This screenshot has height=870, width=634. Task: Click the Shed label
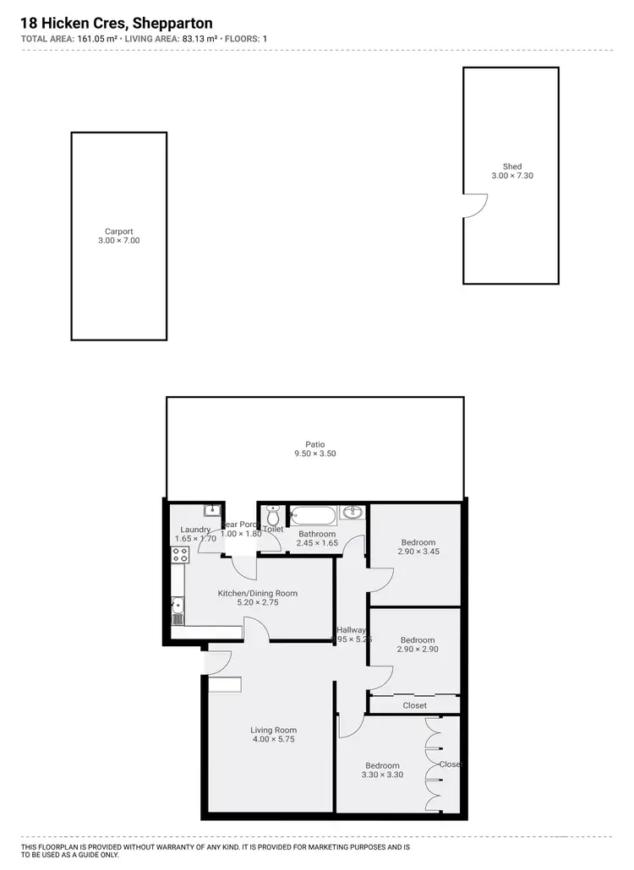[x=512, y=166]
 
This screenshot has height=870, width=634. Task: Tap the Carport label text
[x=119, y=231]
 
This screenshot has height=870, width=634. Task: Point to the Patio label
[x=315, y=444]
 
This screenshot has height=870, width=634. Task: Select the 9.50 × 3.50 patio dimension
[x=315, y=454]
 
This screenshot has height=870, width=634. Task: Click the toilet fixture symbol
[x=273, y=514]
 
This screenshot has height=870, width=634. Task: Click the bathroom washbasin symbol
[x=353, y=512]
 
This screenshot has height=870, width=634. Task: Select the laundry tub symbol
[x=212, y=510]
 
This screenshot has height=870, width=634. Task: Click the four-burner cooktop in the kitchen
[x=180, y=555]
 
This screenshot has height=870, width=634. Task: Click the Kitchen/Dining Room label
[x=258, y=593]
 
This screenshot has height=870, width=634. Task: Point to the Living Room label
[x=273, y=730]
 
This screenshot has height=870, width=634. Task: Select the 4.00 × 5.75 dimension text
[x=273, y=740]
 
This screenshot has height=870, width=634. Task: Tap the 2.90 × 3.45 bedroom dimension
[x=418, y=552]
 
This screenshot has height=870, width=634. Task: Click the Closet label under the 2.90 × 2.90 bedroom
[x=414, y=705]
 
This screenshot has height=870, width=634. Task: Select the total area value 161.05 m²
[x=91, y=39]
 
